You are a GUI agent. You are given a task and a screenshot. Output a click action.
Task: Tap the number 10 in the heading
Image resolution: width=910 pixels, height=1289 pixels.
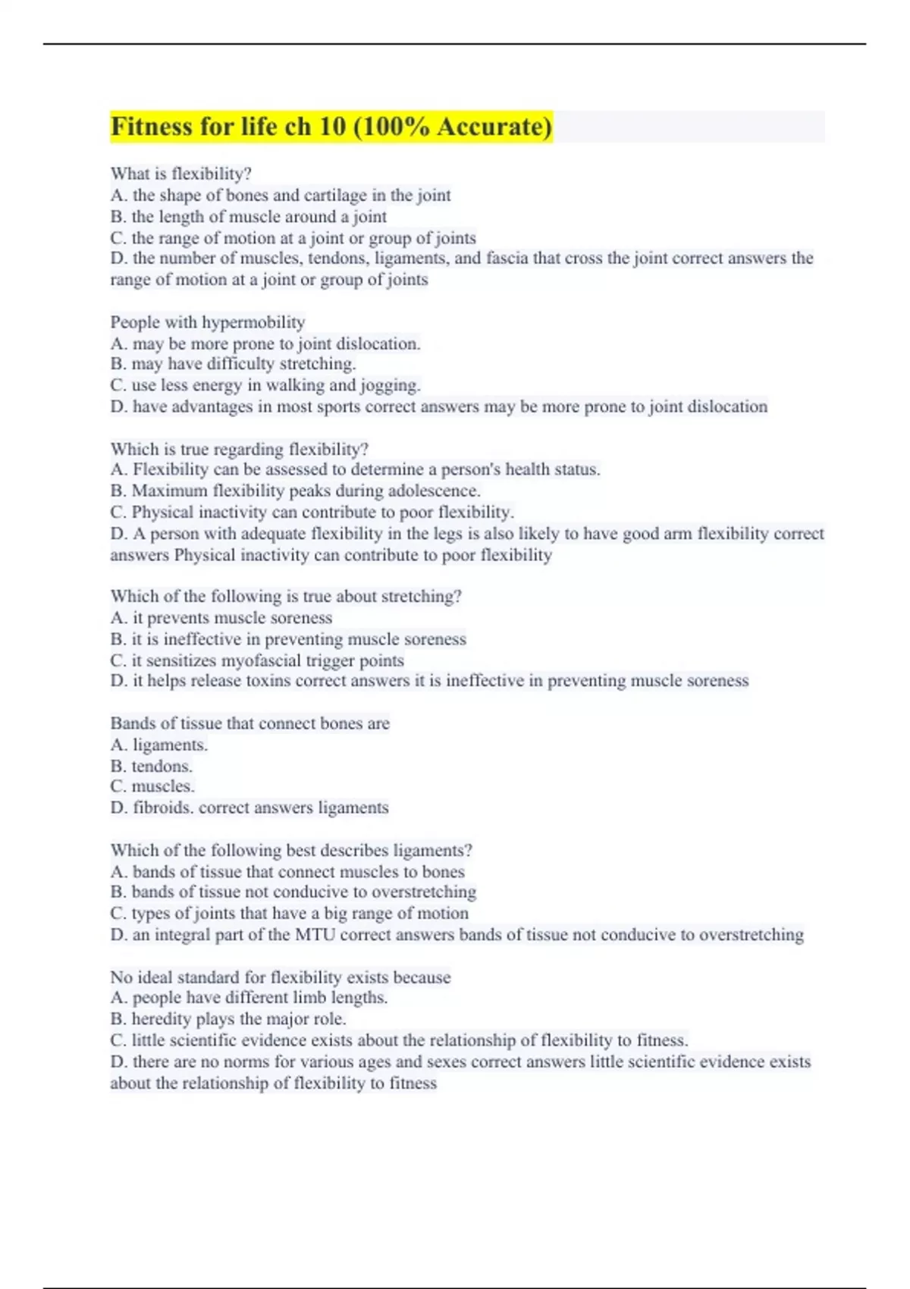(x=332, y=126)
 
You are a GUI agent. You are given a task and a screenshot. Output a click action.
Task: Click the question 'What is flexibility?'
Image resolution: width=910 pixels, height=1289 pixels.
(x=180, y=174)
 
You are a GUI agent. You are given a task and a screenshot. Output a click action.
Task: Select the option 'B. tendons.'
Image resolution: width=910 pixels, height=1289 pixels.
(x=151, y=766)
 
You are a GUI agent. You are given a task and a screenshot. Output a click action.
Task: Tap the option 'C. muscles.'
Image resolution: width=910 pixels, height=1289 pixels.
(x=152, y=786)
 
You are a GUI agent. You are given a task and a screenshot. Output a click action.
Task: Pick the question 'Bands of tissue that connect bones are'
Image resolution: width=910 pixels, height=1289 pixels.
(x=249, y=723)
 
